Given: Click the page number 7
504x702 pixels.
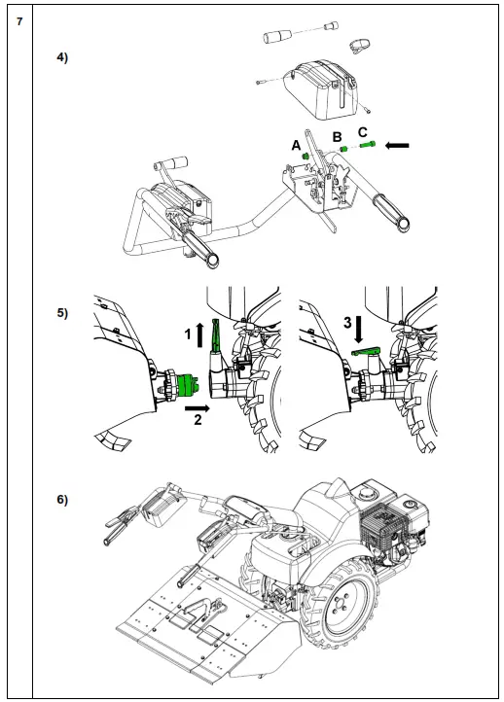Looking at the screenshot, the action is point(19,21).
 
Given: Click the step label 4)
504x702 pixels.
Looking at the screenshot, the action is point(62,57).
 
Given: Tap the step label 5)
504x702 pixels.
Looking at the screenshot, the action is point(62,313).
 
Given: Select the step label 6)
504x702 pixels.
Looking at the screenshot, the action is point(62,500).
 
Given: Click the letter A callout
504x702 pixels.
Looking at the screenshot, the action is point(296,146).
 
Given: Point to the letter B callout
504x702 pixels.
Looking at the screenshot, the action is point(338,137).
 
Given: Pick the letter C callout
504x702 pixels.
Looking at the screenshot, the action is point(363,132).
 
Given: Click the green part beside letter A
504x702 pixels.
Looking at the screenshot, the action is point(306,157).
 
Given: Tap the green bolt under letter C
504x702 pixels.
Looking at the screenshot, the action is point(367,145).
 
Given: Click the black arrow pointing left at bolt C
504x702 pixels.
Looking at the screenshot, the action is point(397,145).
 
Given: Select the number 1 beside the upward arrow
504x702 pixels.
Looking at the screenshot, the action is point(188,334).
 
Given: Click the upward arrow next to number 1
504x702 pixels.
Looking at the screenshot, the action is point(199,334).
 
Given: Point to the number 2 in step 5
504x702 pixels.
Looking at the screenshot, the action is point(198,419).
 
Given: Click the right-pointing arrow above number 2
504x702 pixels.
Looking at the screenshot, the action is point(198,407).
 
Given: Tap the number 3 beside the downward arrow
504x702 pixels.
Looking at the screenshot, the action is point(347,323).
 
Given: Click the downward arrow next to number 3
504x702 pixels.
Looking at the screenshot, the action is point(359,329).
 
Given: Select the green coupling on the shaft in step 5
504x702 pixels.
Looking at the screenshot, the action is point(188,386).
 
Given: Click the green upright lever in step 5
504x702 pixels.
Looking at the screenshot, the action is point(215,336).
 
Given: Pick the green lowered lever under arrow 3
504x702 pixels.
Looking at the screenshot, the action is point(366,352).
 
